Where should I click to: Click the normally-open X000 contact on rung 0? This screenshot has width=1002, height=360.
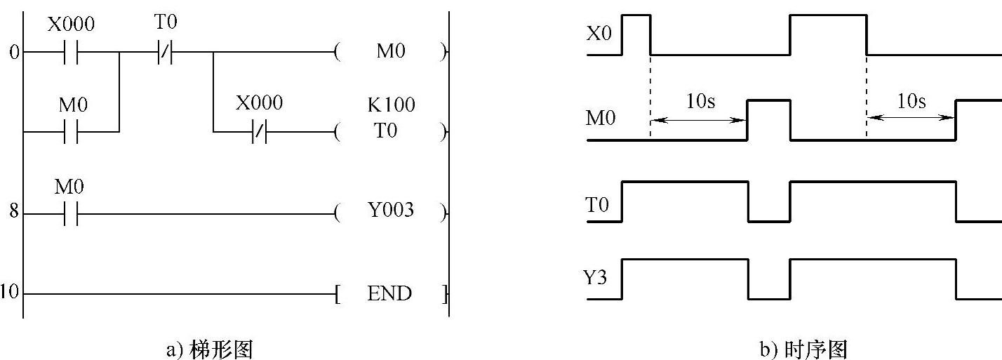[71, 52]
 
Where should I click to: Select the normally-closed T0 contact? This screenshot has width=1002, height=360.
[166, 52]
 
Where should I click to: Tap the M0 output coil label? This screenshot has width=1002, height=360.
[391, 52]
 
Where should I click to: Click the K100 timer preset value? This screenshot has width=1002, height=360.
[391, 105]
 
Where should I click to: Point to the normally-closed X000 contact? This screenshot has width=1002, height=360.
[259, 131]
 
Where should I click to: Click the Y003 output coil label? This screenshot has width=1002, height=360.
[391, 211]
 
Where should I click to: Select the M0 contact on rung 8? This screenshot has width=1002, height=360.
[71, 212]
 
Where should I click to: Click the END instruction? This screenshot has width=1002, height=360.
[389, 293]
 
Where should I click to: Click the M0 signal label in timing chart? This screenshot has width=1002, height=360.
[601, 119]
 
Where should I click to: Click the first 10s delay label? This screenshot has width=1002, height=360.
[700, 102]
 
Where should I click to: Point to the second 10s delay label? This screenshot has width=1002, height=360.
[911, 102]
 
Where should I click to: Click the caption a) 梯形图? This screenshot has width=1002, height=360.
[208, 349]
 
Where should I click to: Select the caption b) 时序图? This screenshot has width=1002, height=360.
[804, 349]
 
